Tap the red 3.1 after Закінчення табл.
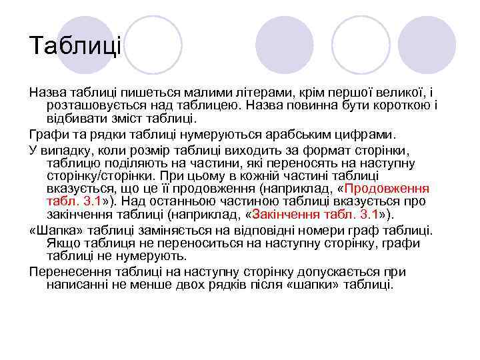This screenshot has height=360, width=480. click(367, 215)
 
